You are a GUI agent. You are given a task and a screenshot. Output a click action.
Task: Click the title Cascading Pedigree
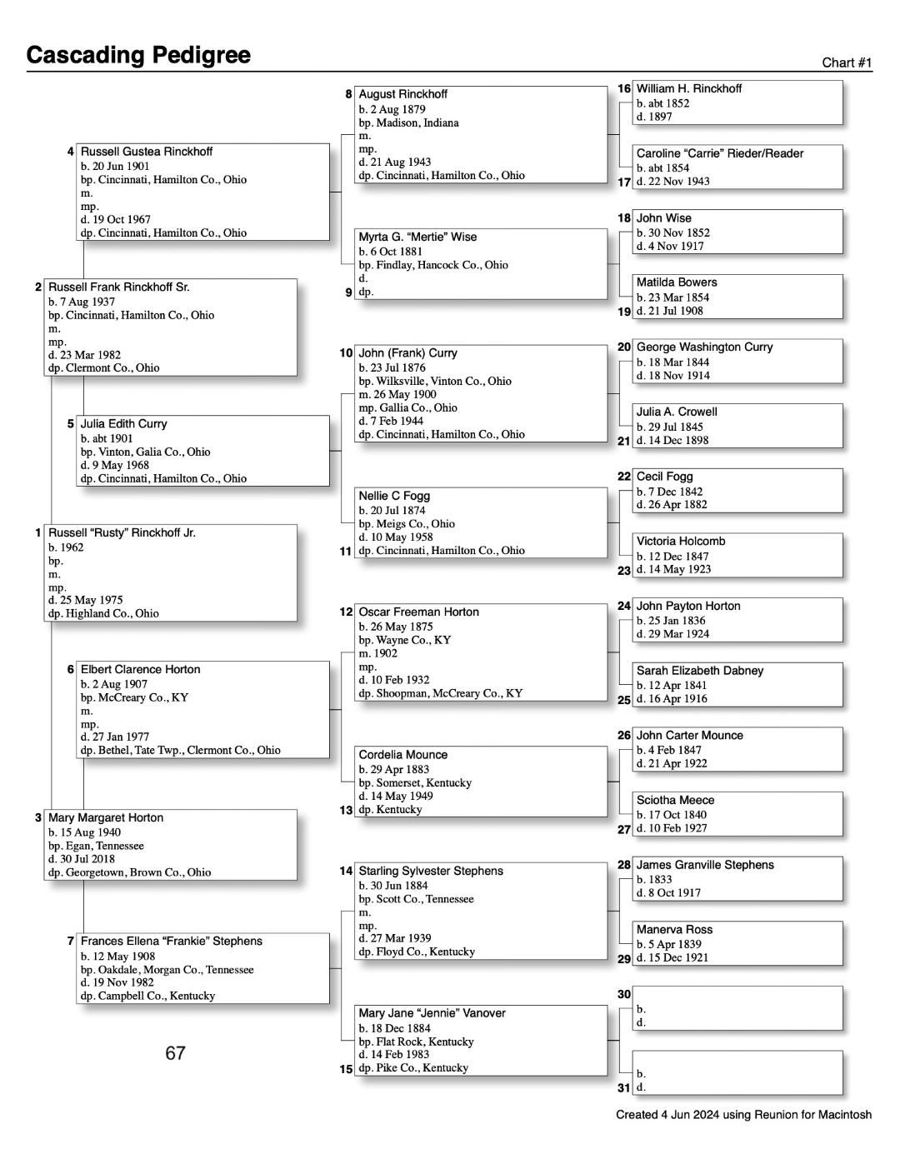pyautogui.click(x=138, y=55)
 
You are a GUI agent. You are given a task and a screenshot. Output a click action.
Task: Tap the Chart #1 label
pyautogui.click(x=847, y=62)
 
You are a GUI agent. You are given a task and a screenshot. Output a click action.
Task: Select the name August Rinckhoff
pyautogui.click(x=402, y=94)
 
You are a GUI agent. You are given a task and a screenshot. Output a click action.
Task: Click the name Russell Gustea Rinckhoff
pyautogui.click(x=146, y=152)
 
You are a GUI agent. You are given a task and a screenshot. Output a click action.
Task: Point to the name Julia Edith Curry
pyautogui.click(x=123, y=424)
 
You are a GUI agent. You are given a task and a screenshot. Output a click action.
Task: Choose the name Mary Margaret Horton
pyautogui.click(x=106, y=818)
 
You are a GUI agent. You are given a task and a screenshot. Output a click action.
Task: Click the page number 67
pyautogui.click(x=175, y=1053)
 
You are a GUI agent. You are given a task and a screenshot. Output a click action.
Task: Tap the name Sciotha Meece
pyautogui.click(x=675, y=800)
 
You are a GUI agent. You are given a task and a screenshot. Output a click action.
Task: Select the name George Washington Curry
pyautogui.click(x=704, y=347)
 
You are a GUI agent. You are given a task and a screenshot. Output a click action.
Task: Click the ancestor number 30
pyautogui.click(x=624, y=994)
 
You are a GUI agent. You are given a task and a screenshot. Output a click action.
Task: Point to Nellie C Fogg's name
pyautogui.click(x=394, y=496)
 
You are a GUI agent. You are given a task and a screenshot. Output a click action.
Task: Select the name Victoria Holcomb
pyautogui.click(x=681, y=542)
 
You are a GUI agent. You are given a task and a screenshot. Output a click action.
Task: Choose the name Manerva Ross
pyautogui.click(x=674, y=930)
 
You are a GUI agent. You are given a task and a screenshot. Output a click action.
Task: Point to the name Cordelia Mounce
pyautogui.click(x=402, y=755)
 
